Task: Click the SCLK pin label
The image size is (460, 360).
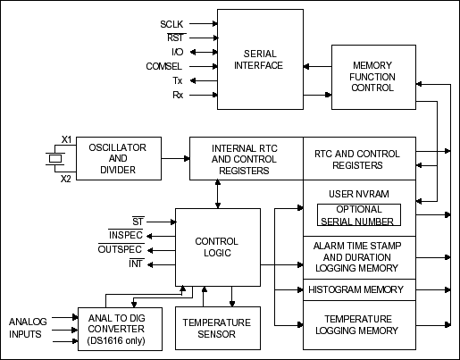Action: pos(171,24)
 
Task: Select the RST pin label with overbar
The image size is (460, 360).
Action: pos(175,38)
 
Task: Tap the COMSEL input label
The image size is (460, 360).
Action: pos(163,66)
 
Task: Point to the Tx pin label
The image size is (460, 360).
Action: pos(178,80)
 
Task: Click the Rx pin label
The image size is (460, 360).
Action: pos(178,95)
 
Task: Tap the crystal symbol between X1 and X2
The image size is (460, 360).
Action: pos(55,158)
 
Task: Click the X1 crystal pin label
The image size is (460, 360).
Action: pos(66,139)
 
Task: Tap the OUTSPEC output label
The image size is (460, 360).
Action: pos(120,249)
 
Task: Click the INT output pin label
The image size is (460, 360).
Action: pos(136,264)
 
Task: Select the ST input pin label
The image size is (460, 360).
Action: pos(138,222)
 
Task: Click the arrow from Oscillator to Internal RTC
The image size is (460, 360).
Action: pos(176,158)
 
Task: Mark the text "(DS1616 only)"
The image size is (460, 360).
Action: pos(116,340)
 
